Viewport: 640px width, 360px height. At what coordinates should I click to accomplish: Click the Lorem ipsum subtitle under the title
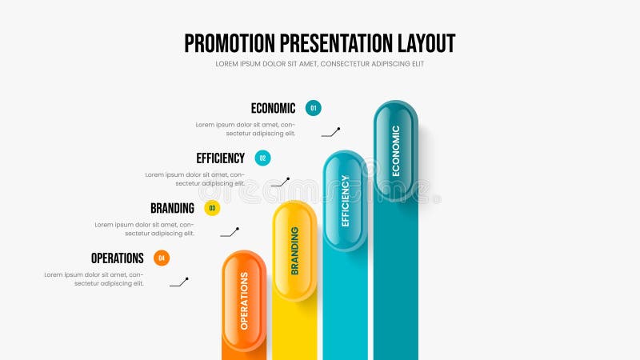click(x=319, y=64)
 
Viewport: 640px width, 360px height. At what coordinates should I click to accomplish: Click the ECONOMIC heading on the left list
click(x=273, y=108)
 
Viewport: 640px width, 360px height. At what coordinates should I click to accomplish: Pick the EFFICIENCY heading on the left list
click(x=220, y=158)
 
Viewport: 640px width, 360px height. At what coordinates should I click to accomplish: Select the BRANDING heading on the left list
click(x=172, y=208)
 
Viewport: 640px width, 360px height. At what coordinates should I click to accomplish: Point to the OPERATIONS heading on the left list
click(x=117, y=258)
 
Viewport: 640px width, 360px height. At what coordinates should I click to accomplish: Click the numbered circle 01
click(x=314, y=108)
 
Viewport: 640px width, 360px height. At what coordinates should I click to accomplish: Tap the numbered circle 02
click(x=262, y=158)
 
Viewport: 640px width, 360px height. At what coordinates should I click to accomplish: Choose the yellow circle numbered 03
click(x=212, y=209)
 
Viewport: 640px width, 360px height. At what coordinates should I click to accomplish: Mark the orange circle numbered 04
click(x=162, y=258)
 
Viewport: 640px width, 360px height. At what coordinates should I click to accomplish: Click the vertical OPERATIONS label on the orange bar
click(x=244, y=301)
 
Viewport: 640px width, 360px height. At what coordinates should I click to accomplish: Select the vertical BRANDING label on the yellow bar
click(x=294, y=250)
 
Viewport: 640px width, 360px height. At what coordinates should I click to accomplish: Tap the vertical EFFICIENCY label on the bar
click(x=345, y=201)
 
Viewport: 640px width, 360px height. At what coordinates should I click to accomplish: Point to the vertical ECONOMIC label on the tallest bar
click(x=395, y=150)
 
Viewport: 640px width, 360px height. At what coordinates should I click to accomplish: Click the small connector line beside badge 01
click(x=331, y=132)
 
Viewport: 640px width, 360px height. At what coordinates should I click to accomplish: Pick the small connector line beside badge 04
click(x=179, y=282)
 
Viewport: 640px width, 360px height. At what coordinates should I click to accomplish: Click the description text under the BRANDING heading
click(x=145, y=229)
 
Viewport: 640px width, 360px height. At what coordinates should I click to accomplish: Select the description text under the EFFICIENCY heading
click(x=195, y=178)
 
